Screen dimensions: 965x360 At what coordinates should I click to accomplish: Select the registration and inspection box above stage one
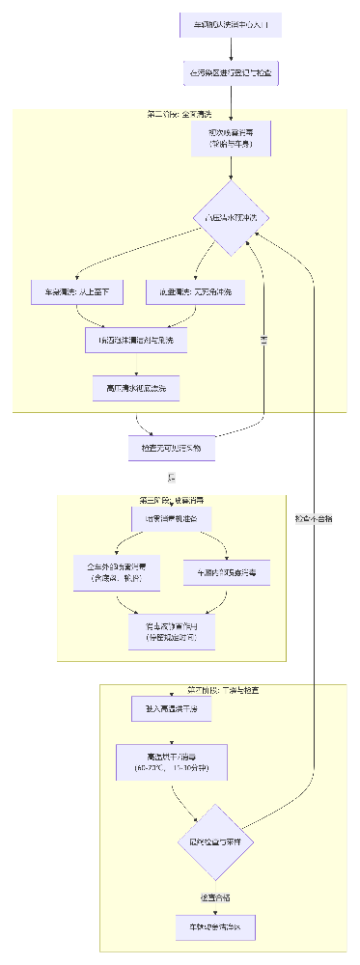pyautogui.click(x=230, y=72)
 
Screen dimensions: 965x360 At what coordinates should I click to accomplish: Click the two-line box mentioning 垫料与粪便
pyautogui.click(x=230, y=138)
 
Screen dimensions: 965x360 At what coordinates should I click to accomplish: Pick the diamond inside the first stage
pyautogui.click(x=230, y=218)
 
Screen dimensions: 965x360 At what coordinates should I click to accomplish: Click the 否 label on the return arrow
pyautogui.click(x=263, y=341)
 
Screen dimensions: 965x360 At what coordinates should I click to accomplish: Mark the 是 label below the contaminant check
pyautogui.click(x=172, y=478)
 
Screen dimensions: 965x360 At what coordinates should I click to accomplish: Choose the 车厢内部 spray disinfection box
pyautogui.click(x=227, y=572)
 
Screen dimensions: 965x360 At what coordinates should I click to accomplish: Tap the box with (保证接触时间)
pyautogui.click(x=170, y=631)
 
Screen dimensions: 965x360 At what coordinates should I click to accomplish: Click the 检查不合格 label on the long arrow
pyautogui.click(x=314, y=519)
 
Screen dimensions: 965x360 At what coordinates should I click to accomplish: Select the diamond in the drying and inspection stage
pyautogui.click(x=215, y=841)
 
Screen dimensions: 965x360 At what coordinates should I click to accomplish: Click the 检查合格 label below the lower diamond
pyautogui.click(x=215, y=897)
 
